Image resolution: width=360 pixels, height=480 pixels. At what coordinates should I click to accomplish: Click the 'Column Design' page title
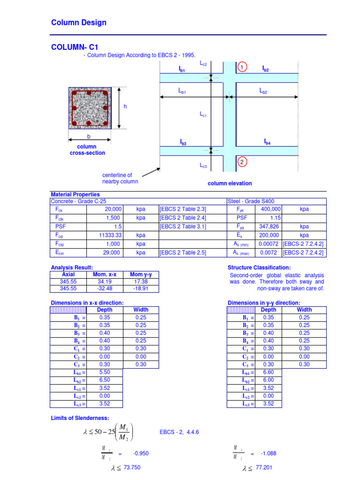(x=78, y=22)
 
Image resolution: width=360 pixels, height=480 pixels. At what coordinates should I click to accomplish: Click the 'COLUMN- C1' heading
(x=75, y=47)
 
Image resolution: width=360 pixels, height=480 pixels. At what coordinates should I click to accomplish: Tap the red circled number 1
(x=242, y=68)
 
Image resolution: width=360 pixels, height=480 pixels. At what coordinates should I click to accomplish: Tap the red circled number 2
(x=242, y=162)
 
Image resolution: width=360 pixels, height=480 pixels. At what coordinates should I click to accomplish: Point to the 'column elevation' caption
(x=230, y=183)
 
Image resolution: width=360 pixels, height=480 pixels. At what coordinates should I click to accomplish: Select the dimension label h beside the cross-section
(x=125, y=107)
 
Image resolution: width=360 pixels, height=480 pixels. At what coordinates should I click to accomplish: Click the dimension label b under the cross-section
(x=88, y=136)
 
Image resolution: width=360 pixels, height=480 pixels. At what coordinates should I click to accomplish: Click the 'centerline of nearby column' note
(x=120, y=178)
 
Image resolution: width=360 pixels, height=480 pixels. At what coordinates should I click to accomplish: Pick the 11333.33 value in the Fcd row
(x=111, y=235)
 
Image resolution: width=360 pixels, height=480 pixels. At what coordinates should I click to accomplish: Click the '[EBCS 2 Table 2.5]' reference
(x=183, y=253)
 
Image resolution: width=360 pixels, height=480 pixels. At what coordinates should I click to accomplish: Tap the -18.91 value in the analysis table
(x=141, y=289)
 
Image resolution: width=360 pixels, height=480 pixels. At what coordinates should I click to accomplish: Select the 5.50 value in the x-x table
(x=105, y=372)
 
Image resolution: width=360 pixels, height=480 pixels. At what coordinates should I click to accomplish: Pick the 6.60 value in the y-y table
(x=268, y=372)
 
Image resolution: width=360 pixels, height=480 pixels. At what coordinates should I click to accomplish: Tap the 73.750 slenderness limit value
(x=132, y=468)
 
